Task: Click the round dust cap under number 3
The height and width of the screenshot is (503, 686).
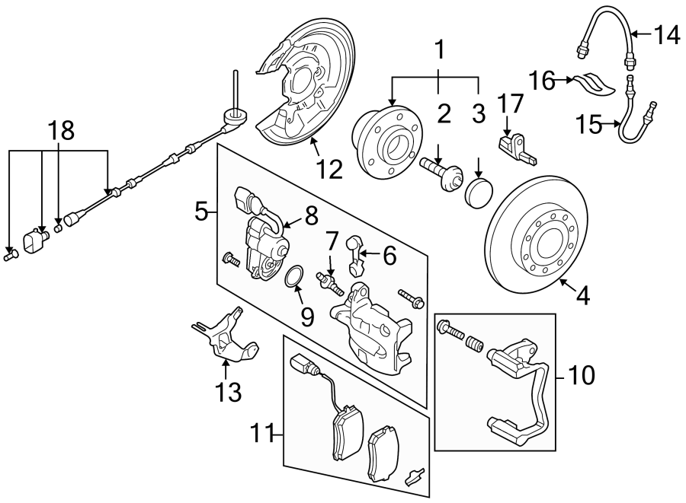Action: [478, 193]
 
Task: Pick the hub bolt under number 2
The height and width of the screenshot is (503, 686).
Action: [440, 171]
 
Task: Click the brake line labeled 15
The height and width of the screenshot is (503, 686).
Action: [629, 122]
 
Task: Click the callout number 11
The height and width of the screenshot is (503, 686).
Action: [263, 435]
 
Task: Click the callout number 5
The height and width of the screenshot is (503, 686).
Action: [201, 211]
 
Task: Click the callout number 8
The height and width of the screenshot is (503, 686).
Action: [311, 215]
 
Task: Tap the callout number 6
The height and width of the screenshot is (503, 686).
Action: [389, 256]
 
